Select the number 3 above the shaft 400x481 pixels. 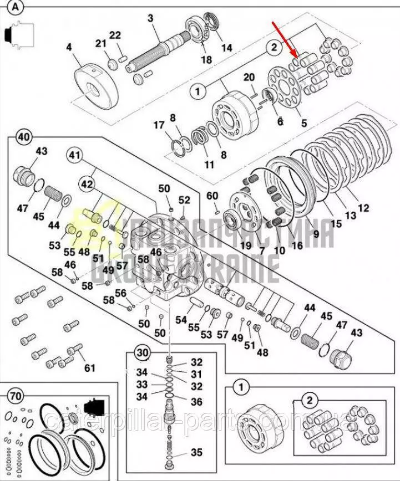pos(150,18)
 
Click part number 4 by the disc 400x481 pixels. pos(69,48)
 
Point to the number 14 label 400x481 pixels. pos(226,48)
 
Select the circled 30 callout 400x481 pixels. pos(143,352)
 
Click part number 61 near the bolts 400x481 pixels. pos(89,367)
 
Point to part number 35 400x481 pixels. pos(196,452)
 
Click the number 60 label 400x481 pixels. pos(212,196)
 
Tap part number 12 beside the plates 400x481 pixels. pos(363,208)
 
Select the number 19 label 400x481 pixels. pos(246,245)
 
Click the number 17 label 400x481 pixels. pos(159,125)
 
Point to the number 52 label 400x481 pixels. pos(184,200)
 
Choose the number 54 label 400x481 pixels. pos(181,320)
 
